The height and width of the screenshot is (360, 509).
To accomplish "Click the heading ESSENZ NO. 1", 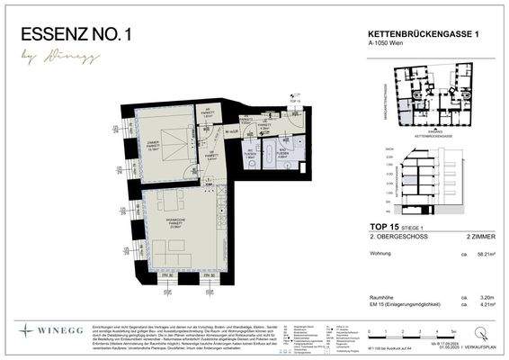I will point(76,35).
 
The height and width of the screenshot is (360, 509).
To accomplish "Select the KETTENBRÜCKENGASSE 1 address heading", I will point(422,33).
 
